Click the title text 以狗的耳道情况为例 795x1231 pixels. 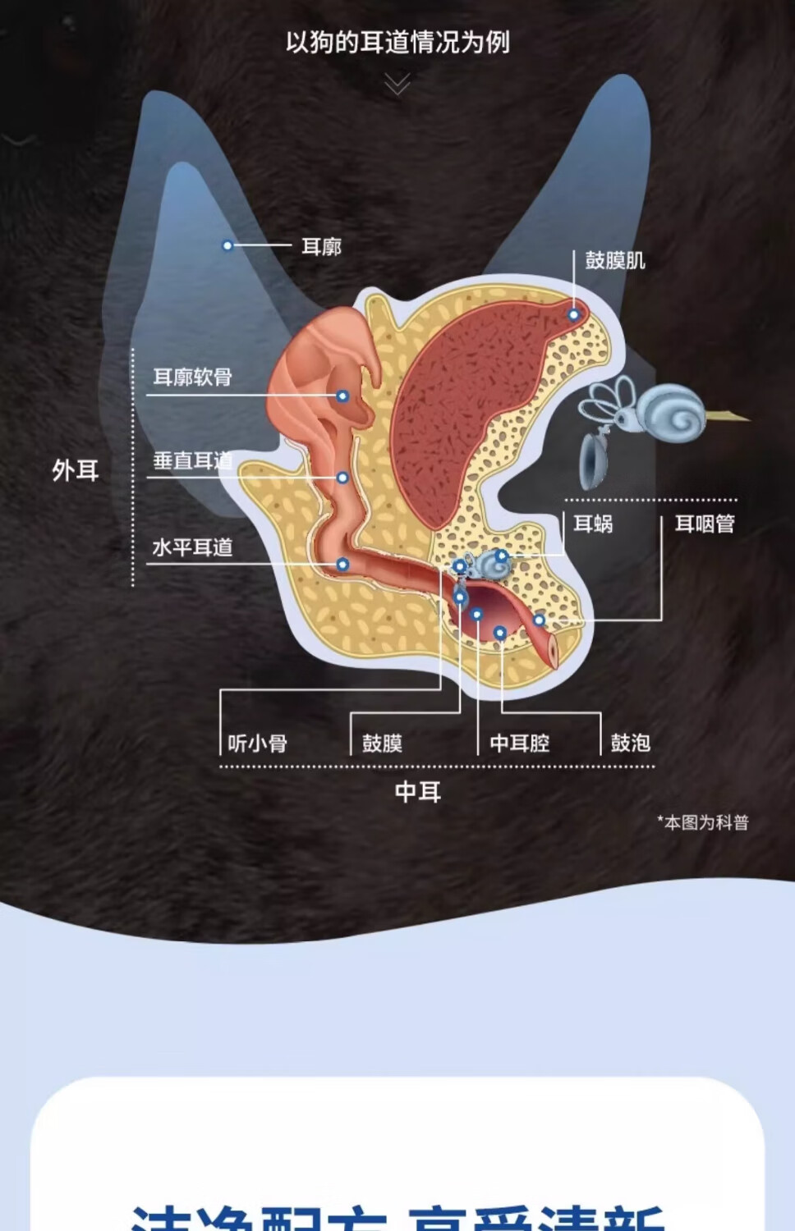point(397,42)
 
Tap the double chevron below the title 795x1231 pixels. point(397,84)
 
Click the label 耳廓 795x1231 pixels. point(321,246)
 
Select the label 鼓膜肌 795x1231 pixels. point(615,260)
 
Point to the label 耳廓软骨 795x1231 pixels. point(193,378)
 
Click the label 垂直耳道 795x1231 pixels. point(193,461)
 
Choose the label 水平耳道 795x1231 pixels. point(193,547)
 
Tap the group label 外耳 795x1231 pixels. point(76,470)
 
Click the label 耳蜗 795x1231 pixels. point(593,524)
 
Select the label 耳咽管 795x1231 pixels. point(705,524)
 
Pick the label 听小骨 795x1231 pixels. point(258,744)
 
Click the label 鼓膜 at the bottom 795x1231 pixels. point(382,744)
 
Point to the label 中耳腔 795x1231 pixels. point(520,744)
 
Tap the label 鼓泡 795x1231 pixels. point(631,743)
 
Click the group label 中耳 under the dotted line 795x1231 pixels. point(418,792)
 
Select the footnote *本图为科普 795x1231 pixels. point(703,822)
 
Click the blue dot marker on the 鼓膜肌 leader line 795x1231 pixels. point(574,315)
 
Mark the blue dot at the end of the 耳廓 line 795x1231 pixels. point(227,245)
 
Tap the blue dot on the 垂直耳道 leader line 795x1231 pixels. point(342,478)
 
